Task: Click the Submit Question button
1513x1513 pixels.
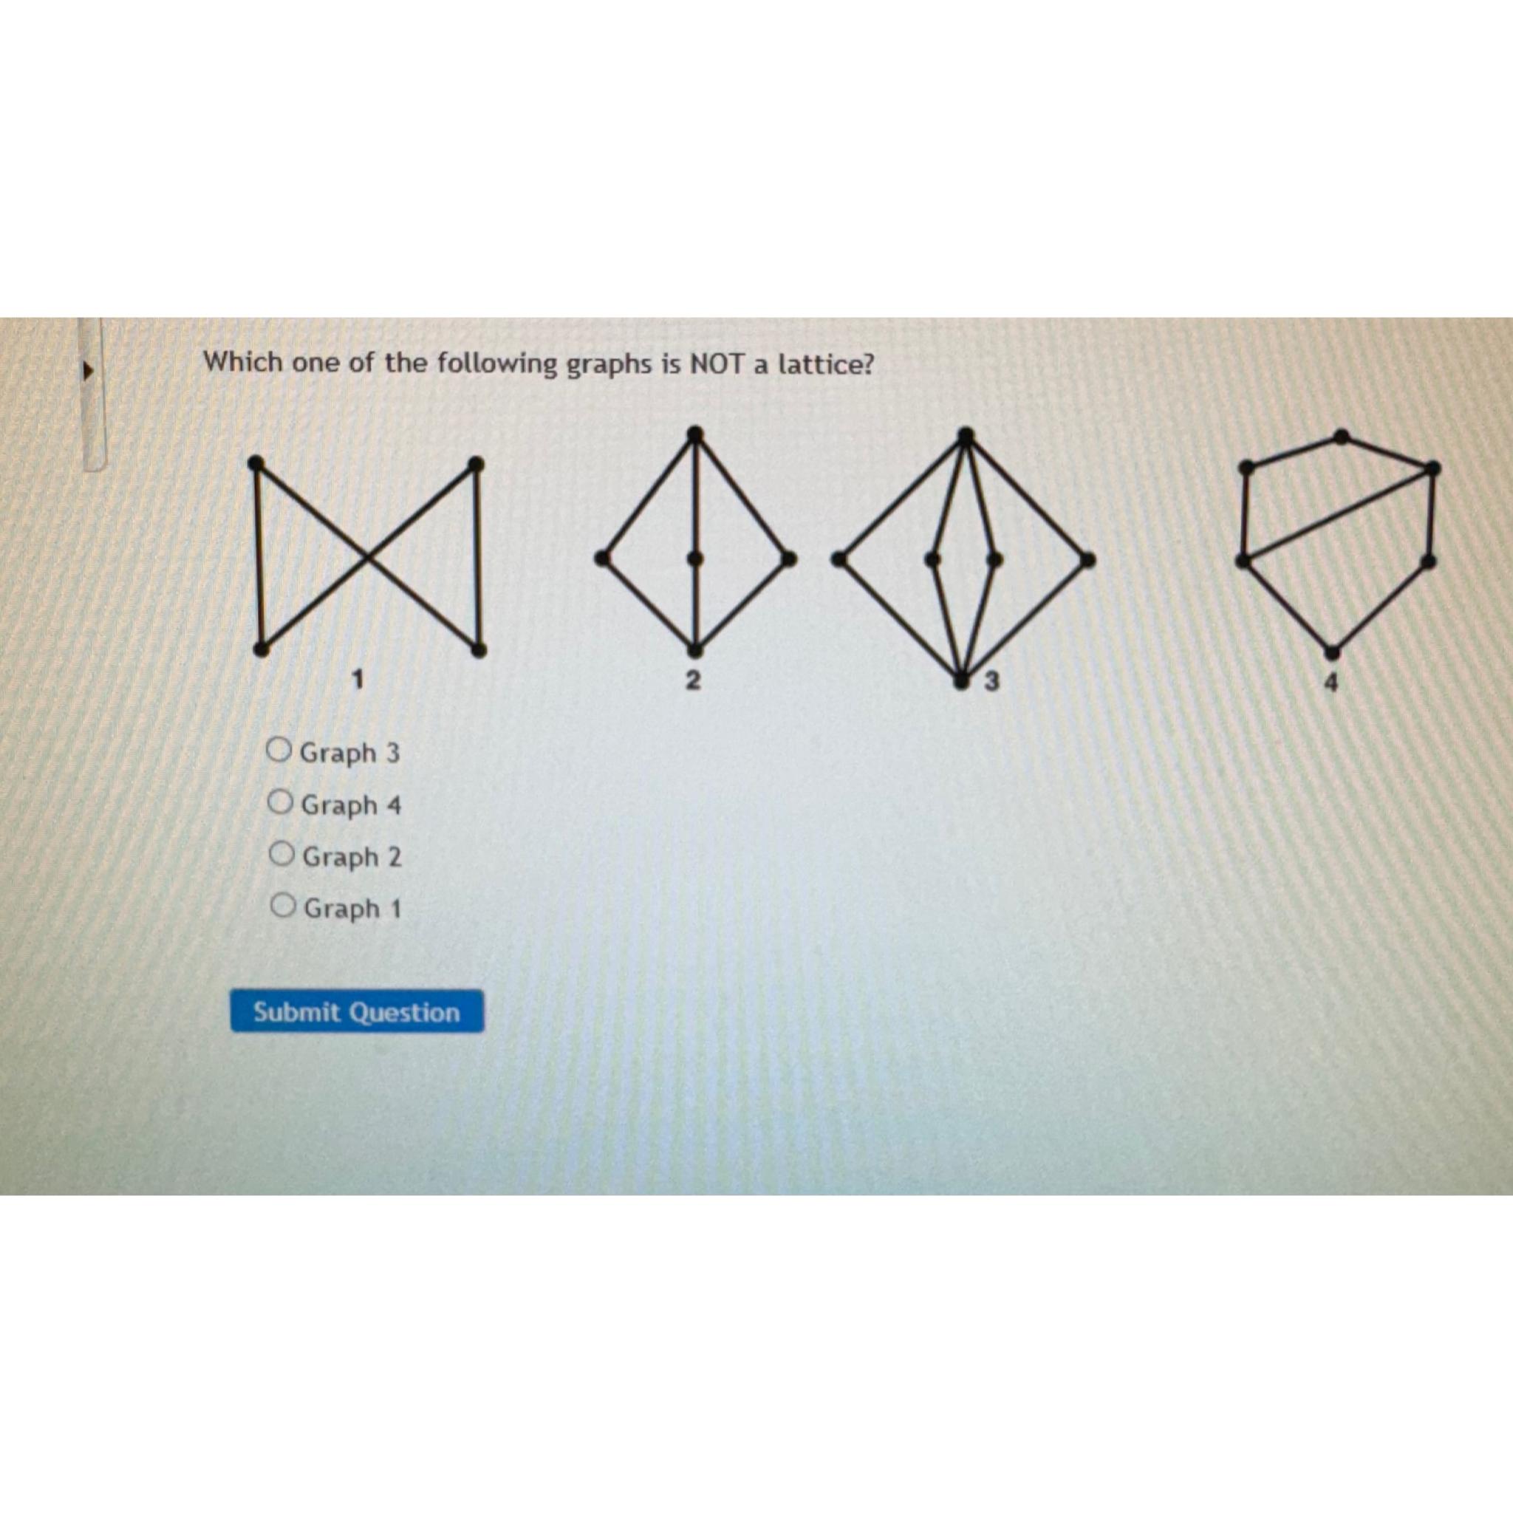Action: (356, 1012)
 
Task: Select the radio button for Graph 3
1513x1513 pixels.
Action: (279, 751)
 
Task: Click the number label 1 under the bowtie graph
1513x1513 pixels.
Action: (358, 678)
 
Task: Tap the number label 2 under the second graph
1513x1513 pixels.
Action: (692, 680)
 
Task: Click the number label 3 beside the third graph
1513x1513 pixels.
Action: (991, 682)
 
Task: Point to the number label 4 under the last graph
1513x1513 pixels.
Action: (1331, 683)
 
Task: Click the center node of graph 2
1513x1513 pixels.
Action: (695, 559)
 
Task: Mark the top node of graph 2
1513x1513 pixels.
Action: (694, 433)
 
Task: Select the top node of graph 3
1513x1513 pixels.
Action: (966, 434)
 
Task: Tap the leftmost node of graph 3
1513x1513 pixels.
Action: (839, 559)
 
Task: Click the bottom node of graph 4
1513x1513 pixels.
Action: (1331, 651)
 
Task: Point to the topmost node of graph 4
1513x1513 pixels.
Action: (1342, 436)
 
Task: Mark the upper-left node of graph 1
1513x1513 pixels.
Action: (255, 464)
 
